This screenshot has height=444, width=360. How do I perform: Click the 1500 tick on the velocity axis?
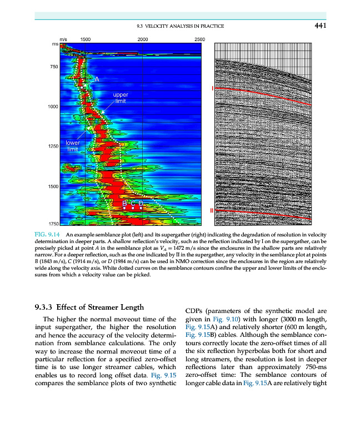[x=86, y=39]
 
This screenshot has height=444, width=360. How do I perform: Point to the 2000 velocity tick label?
[x=143, y=39]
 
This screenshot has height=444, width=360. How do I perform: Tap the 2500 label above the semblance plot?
[x=200, y=39]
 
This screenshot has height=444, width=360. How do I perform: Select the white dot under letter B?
[x=124, y=208]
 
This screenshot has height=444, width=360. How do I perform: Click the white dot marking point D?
[x=142, y=208]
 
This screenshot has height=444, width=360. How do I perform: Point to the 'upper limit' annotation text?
[x=120, y=98]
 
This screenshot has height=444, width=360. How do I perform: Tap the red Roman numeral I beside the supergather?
[x=211, y=89]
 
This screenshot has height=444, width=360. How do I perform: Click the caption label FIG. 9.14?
[x=47, y=236]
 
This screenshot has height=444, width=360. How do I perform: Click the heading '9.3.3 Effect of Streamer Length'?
[x=89, y=307]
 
